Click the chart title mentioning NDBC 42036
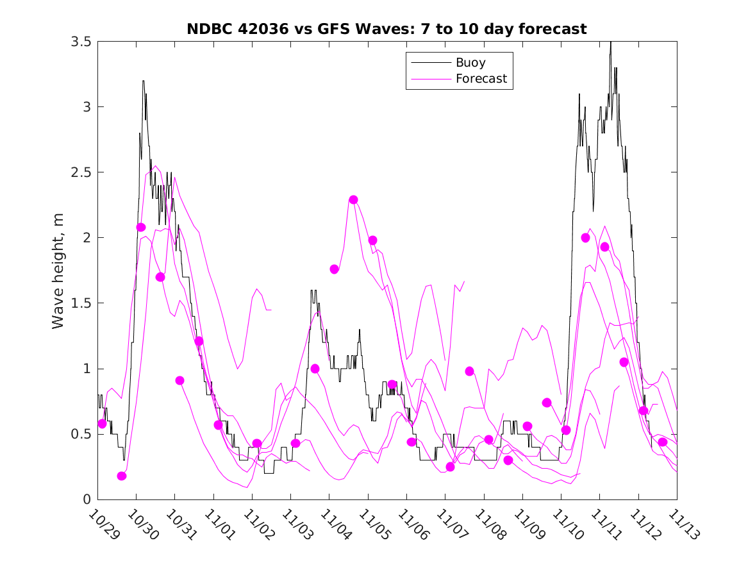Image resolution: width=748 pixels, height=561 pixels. [x=386, y=29]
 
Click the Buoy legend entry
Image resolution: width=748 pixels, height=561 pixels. [x=470, y=63]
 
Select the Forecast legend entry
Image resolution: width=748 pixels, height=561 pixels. [x=481, y=79]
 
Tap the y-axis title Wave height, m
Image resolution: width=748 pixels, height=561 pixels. [x=58, y=269]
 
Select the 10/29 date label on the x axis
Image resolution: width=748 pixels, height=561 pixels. [x=103, y=524]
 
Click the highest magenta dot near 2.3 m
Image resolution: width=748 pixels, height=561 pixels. [x=353, y=199]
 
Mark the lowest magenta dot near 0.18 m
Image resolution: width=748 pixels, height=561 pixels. [x=122, y=476]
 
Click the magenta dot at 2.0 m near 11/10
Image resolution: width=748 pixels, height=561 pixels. [x=585, y=238]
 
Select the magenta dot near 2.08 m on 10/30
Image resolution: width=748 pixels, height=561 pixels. [x=141, y=227]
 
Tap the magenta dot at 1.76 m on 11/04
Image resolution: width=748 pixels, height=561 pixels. [x=334, y=269]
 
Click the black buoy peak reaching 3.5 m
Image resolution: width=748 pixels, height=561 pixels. [x=610, y=43]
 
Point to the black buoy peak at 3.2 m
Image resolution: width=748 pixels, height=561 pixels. [x=143, y=81]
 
